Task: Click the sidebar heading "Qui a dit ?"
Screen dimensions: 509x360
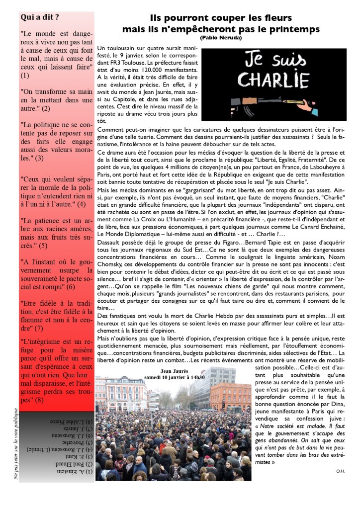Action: [40, 17]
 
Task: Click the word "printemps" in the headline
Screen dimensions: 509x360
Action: [292, 29]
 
